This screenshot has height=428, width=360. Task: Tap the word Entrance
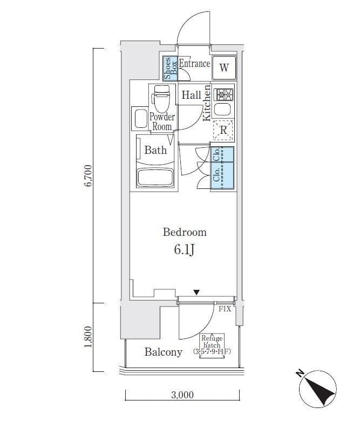click(x=194, y=64)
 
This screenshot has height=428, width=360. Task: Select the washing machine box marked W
click(x=224, y=68)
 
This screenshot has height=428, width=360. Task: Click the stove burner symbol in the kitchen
click(x=223, y=95)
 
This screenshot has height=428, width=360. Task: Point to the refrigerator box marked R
click(x=223, y=130)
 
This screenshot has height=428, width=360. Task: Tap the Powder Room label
click(x=161, y=121)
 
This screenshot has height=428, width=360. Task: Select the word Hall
click(x=191, y=96)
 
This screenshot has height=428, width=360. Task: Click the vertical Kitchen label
click(x=206, y=103)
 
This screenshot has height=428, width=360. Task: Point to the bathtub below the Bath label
click(x=156, y=177)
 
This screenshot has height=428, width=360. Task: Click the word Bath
click(x=155, y=150)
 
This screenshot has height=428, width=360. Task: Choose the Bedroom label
click(x=185, y=232)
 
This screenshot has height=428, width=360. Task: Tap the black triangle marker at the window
click(x=196, y=293)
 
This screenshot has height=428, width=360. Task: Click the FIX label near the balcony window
click(x=225, y=309)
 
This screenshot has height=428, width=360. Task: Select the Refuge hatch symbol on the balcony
click(x=212, y=345)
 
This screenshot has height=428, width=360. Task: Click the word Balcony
click(x=163, y=352)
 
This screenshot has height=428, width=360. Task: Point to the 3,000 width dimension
click(x=182, y=395)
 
